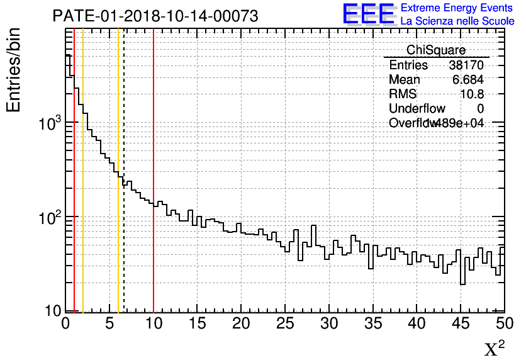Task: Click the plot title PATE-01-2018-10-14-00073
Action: pyautogui.click(x=155, y=16)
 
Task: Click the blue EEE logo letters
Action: pyautogui.click(x=369, y=14)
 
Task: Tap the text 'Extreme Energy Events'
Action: pyautogui.click(x=457, y=8)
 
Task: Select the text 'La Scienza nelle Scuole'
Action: pyautogui.click(x=457, y=21)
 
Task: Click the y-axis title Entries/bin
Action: pyautogui.click(x=14, y=70)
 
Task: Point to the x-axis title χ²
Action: pyautogui.click(x=494, y=348)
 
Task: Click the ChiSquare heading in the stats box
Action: pyautogui.click(x=436, y=50)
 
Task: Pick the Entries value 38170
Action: pyautogui.click(x=466, y=65)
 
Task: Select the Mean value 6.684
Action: pyautogui.click(x=467, y=80)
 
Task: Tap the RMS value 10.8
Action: pyautogui.click(x=473, y=94)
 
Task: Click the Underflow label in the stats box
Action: pyautogui.click(x=417, y=109)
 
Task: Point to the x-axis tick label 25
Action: pyautogui.click(x=286, y=323)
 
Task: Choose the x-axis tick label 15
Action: pyautogui.click(x=198, y=323)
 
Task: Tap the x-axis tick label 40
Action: pyautogui.click(x=417, y=323)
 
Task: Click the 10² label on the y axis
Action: pyautogui.click(x=48, y=219)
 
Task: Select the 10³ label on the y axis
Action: pyautogui.click(x=48, y=123)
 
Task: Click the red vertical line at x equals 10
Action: pyautogui.click(x=154, y=252)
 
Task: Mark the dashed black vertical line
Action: pyautogui.click(x=124, y=252)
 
